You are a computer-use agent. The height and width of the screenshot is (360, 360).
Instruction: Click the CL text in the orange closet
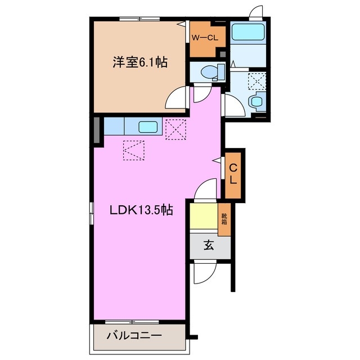[233, 174]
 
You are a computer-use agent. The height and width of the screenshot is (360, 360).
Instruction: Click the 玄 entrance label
[209, 245]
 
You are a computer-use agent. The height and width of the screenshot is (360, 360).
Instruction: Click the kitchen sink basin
[148, 127]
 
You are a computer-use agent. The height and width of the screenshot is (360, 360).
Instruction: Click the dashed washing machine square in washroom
[258, 81]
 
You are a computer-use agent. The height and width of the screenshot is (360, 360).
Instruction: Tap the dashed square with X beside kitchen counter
[175, 129]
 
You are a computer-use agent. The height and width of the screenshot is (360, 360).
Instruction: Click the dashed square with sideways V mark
[133, 150]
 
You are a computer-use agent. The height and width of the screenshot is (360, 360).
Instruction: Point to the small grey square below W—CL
[223, 55]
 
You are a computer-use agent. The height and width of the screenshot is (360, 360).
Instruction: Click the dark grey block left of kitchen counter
[97, 129]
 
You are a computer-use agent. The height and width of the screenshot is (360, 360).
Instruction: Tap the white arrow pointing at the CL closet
[217, 160]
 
